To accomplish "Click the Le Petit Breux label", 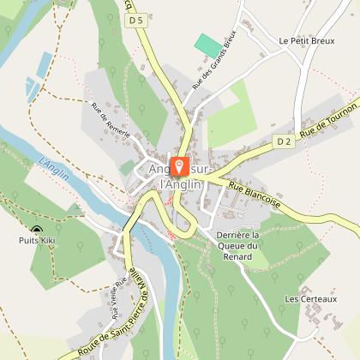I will (x=302, y=40).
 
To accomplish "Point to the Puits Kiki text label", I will (x=38, y=243).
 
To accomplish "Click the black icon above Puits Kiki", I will (x=37, y=230).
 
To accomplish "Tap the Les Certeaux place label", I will (x=311, y=298).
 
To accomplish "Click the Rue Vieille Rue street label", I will (x=119, y=296).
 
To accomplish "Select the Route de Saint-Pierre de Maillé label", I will (x=111, y=330).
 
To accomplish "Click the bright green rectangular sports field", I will (x=207, y=45).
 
